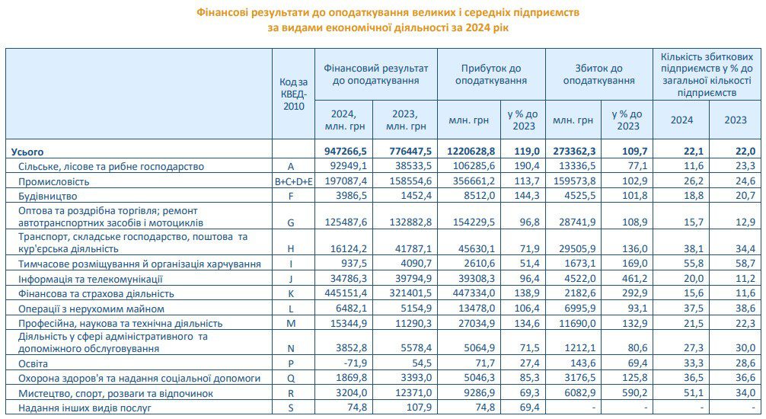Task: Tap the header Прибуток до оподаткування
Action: point(491,74)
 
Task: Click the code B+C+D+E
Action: point(293,182)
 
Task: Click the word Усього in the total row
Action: point(27,151)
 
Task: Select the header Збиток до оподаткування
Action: point(598,74)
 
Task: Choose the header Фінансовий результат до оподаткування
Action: point(376,74)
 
